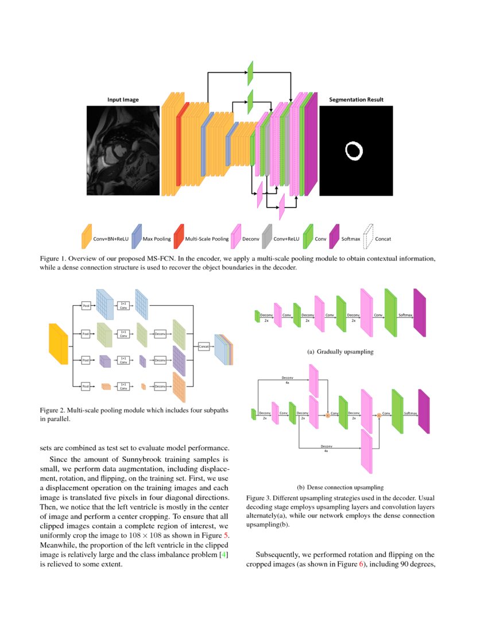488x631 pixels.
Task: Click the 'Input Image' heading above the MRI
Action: pos(123,100)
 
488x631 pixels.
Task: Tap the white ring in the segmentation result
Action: pos(354,151)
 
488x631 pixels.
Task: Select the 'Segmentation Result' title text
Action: pos(356,100)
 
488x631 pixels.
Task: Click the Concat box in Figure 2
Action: pos(203,346)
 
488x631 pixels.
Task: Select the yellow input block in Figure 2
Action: pos(59,344)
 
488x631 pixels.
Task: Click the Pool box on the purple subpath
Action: pos(86,360)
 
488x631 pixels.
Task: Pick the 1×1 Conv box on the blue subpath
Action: pos(123,305)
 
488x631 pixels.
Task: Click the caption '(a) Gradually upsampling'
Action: pos(340,352)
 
